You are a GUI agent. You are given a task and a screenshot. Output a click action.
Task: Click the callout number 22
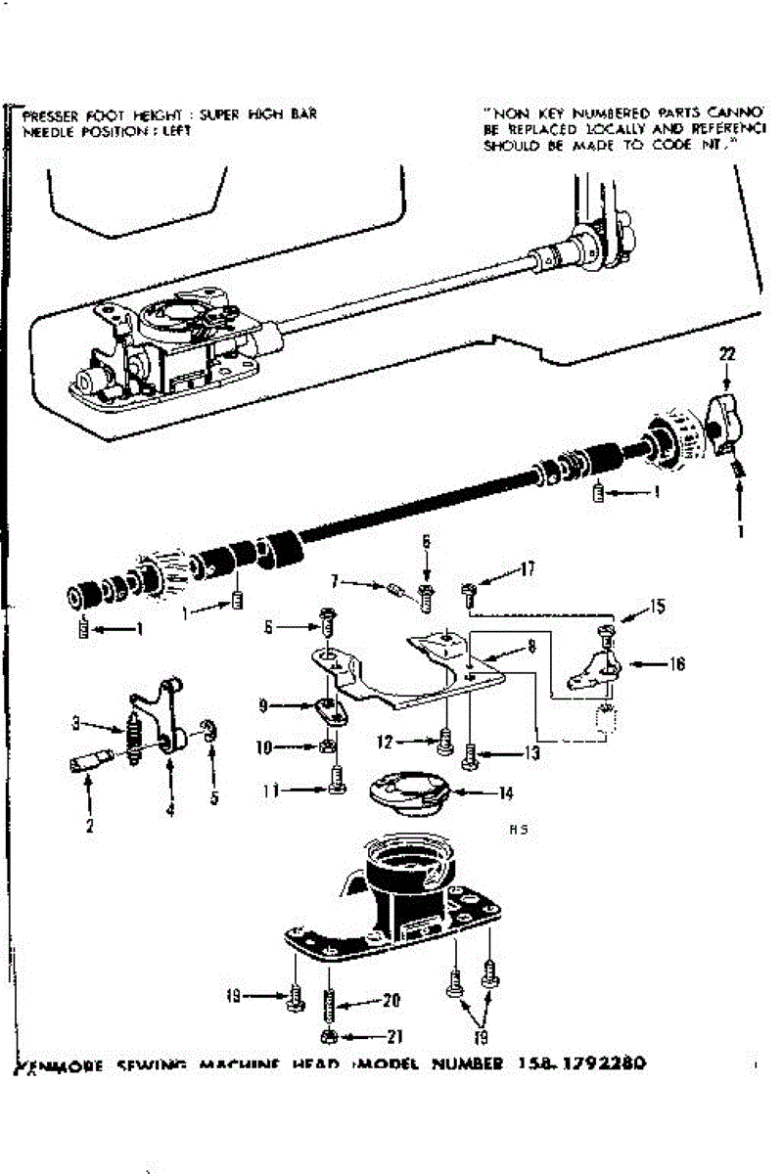pyautogui.click(x=725, y=353)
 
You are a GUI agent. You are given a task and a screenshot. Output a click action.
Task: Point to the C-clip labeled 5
pyautogui.click(x=208, y=732)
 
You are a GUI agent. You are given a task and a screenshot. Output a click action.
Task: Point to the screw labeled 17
pyautogui.click(x=468, y=590)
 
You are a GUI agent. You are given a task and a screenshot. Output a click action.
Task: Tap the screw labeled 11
pyautogui.click(x=336, y=782)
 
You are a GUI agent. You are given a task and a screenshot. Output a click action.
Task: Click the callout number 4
pyautogui.click(x=170, y=809)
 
